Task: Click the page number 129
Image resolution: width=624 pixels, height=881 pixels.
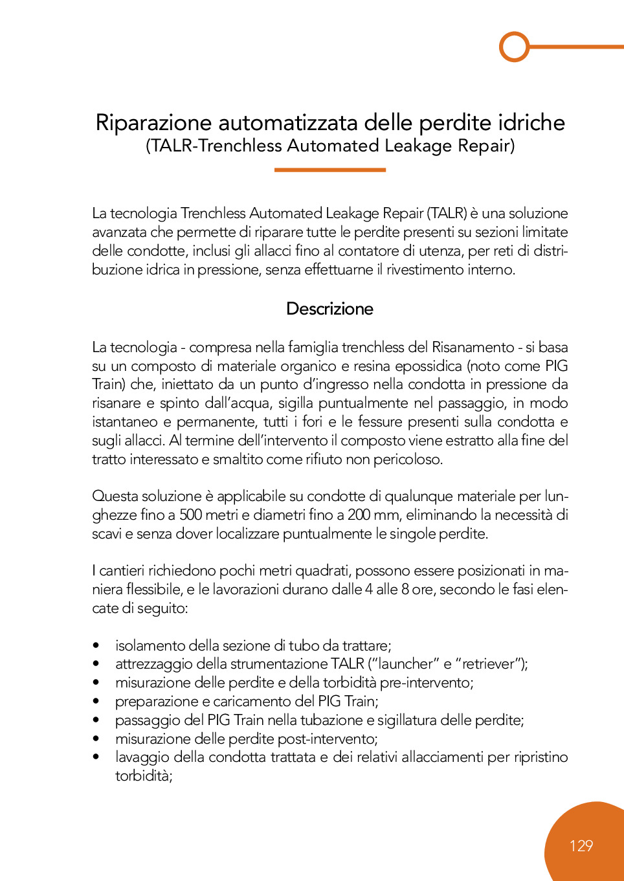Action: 581,846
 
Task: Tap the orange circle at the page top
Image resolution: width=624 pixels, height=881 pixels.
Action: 515,47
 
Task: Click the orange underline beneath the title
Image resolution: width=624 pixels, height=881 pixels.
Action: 329,170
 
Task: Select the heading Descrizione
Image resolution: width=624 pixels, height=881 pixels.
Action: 329,309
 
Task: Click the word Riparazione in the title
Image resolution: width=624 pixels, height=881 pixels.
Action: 153,123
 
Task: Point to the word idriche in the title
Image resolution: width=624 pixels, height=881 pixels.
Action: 531,123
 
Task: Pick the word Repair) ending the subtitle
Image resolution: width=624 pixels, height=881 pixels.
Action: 486,146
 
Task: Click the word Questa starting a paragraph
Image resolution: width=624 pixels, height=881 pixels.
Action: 115,496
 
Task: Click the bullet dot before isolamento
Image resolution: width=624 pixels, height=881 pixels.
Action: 96,645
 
